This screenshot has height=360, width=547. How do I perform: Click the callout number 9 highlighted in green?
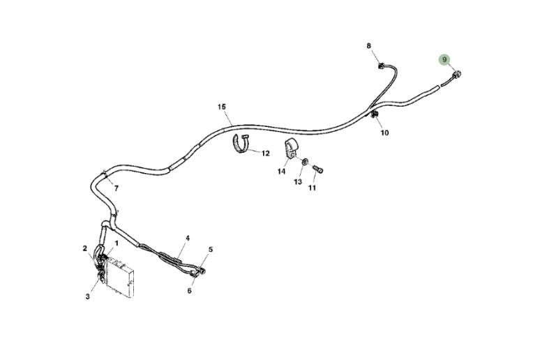pos(444,60)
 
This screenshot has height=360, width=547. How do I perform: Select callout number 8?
pos(370,46)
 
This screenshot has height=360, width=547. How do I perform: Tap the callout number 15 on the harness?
pos(221,107)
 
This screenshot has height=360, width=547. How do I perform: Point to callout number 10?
pos(384,133)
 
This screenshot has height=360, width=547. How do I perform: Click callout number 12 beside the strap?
pos(265,153)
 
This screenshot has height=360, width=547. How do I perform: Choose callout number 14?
pos(282,171)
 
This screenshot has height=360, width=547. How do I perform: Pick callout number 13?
pos(298,182)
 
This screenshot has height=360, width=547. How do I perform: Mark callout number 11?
pos(312,188)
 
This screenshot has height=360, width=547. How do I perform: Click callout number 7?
pos(116,188)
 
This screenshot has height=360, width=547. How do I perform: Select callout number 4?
pos(187,238)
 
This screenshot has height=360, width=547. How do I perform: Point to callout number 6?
pos(189,290)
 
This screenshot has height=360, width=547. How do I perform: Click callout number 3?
pos(88,297)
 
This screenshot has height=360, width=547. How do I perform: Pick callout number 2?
pos(84,248)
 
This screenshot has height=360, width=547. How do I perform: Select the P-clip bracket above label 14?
pos(290,149)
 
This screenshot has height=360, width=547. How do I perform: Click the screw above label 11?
pos(318,169)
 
